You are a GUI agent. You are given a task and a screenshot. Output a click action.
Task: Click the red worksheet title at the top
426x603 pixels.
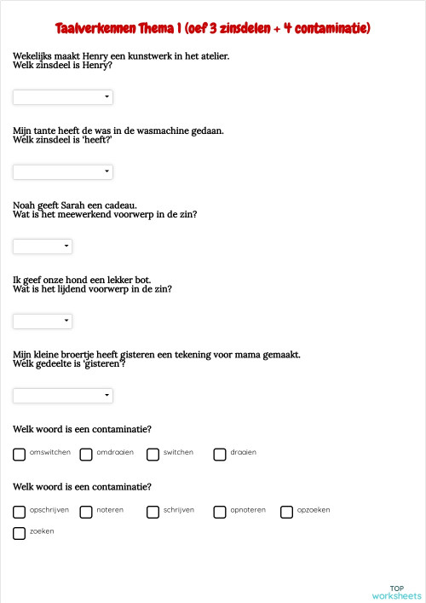click(212, 29)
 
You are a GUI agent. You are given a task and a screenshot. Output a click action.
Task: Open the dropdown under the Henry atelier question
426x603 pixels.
click(63, 97)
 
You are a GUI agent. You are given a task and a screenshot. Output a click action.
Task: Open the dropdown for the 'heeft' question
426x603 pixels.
click(63, 172)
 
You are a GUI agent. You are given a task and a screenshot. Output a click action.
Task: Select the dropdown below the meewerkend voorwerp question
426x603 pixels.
click(43, 246)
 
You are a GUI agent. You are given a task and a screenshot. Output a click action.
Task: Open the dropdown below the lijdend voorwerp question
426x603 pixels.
click(43, 321)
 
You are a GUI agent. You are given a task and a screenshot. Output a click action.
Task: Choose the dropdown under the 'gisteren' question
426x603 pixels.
click(63, 396)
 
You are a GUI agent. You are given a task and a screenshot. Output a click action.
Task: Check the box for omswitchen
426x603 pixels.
click(20, 455)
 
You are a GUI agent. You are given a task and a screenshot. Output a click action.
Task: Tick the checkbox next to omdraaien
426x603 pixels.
click(86, 455)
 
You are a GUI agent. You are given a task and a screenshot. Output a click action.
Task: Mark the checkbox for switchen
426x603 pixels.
click(153, 455)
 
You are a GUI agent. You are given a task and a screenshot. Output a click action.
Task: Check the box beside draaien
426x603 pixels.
click(220, 455)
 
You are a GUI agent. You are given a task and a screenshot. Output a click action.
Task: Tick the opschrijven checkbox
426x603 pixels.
click(20, 513)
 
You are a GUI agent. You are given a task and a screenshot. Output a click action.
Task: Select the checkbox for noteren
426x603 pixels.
click(86, 513)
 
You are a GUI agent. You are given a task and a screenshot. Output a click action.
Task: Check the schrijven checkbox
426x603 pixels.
click(153, 513)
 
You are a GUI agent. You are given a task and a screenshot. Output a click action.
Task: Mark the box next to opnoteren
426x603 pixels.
click(220, 513)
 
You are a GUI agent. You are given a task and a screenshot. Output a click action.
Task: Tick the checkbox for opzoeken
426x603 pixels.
click(286, 513)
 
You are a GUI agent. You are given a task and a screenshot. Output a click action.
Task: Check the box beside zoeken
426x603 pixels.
click(20, 533)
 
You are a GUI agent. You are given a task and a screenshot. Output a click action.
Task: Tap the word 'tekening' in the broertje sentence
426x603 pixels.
click(224, 354)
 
